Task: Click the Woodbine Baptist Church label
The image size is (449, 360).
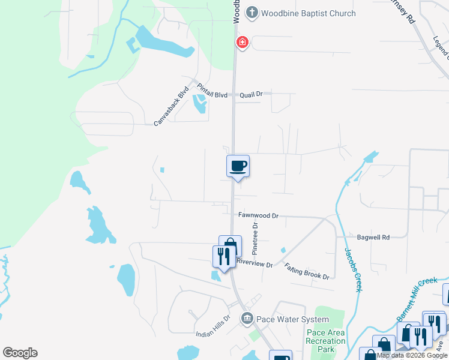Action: (x=309, y=13)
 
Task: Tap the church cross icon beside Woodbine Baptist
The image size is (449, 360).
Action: (x=252, y=13)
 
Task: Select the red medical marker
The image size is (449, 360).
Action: (x=242, y=42)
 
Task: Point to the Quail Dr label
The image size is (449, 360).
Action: (x=252, y=94)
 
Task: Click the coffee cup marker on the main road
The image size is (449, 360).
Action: (x=238, y=166)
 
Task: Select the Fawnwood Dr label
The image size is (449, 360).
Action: (x=259, y=215)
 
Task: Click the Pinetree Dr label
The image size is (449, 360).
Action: (x=255, y=236)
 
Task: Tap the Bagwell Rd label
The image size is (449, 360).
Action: (x=373, y=238)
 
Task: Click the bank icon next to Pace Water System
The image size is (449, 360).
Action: (x=247, y=319)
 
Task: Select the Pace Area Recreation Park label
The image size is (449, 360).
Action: (x=325, y=341)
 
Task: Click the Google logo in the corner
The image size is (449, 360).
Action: (x=20, y=353)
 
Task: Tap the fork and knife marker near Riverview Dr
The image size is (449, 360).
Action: (x=222, y=257)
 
